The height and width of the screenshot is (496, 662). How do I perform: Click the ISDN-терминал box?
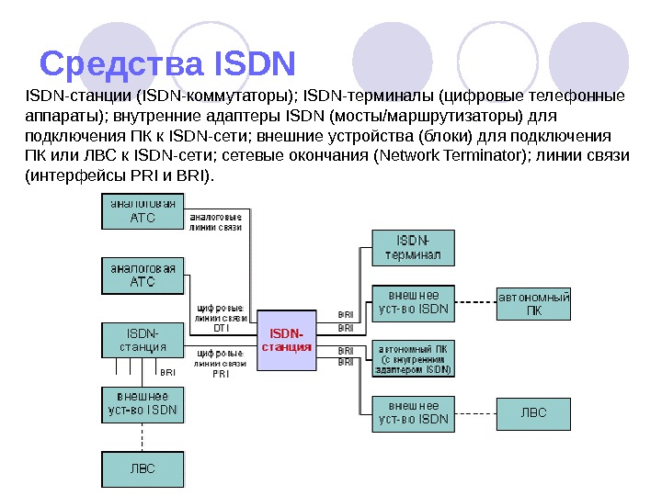413,247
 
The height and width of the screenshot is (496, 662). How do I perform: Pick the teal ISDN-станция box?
143,339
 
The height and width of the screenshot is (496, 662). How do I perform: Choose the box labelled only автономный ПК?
534,303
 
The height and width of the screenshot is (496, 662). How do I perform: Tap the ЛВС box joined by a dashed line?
534,412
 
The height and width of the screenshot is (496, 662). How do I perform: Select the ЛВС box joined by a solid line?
142,468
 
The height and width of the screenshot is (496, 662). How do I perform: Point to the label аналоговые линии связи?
215,221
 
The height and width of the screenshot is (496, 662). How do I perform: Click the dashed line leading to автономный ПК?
475,302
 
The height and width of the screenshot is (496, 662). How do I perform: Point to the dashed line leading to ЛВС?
475,412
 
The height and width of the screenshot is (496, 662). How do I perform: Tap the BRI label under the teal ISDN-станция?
167,373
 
